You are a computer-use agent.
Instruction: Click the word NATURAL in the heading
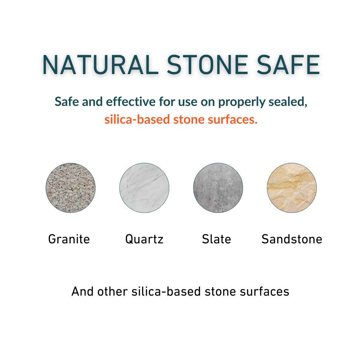[100, 65]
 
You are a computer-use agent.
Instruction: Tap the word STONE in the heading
[207, 65]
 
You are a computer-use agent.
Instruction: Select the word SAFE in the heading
[288, 65]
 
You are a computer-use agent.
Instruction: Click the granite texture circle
[70, 188]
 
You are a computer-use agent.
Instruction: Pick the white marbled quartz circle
[144, 188]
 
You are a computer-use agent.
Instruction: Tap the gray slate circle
[218, 188]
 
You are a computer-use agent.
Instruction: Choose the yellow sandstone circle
[292, 188]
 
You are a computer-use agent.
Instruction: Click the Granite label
[69, 239]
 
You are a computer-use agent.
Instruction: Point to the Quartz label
[144, 239]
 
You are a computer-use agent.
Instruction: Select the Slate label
[217, 239]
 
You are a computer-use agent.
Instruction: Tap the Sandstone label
[292, 239]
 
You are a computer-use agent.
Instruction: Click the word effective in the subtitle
[131, 102]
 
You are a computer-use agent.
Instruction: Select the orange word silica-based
[137, 119]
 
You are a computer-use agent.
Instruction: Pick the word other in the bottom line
[113, 291]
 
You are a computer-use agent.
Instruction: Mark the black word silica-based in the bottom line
[166, 291]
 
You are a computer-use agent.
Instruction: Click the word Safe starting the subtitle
[67, 102]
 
